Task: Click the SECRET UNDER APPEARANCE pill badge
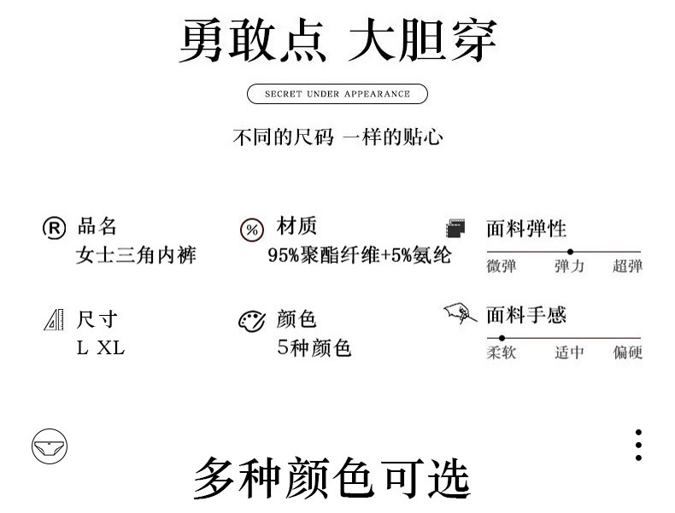pos(337,94)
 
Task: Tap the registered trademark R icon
pos(54,228)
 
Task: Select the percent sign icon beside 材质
pos(251,230)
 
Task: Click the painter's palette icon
pos(251,321)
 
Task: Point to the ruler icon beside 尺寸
pos(54,321)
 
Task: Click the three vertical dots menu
pos(638,446)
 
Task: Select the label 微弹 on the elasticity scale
pos(502,266)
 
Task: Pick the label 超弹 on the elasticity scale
pos(627,266)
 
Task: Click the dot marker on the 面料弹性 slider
pos(571,252)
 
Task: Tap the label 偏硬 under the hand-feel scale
pos(627,353)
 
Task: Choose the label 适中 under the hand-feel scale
pos(569,353)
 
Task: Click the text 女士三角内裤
pos(136,255)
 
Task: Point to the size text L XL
pos(101,347)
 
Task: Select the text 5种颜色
pos(314,347)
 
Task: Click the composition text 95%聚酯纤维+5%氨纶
pos(359,255)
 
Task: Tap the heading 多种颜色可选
pos(332,478)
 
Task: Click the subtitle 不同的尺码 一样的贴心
pos(337,137)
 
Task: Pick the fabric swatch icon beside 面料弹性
pos(456,229)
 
